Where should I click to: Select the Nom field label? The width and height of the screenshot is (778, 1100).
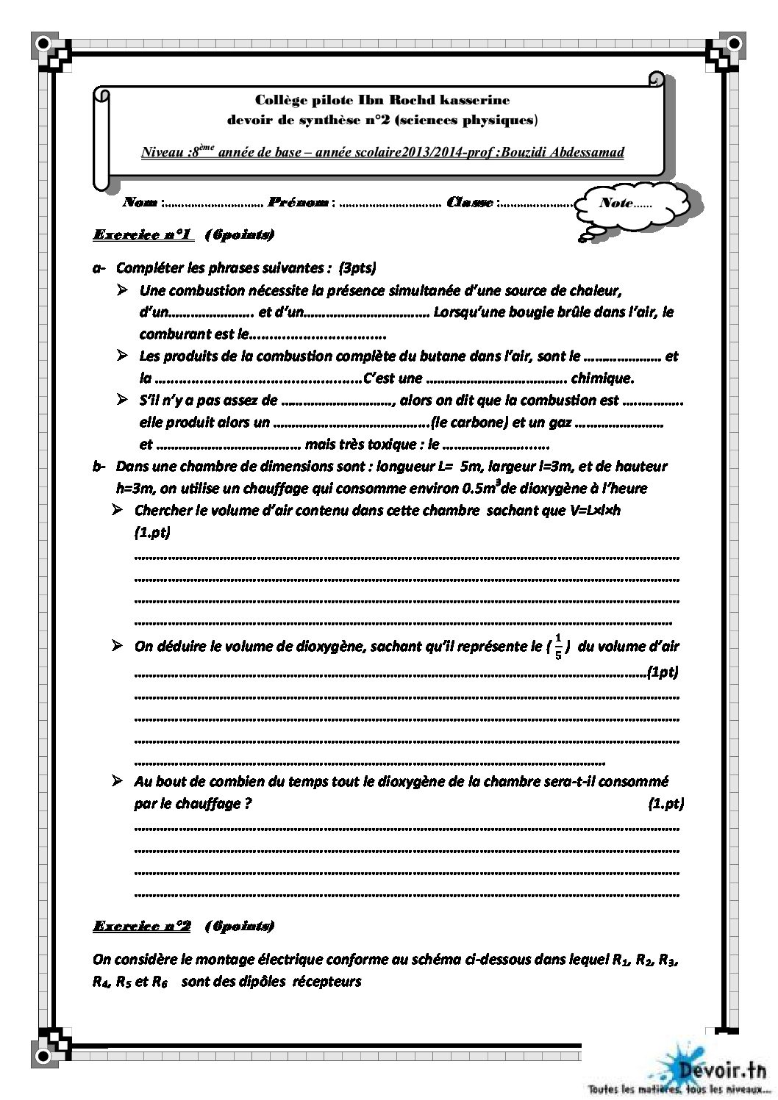point(140,202)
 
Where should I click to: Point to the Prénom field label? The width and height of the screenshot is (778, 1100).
point(298,202)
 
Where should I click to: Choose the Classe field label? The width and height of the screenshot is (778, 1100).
point(469,202)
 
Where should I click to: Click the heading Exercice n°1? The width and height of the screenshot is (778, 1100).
point(143,235)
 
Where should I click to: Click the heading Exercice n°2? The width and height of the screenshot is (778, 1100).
point(141,926)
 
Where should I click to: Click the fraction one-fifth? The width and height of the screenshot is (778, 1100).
point(559,647)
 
